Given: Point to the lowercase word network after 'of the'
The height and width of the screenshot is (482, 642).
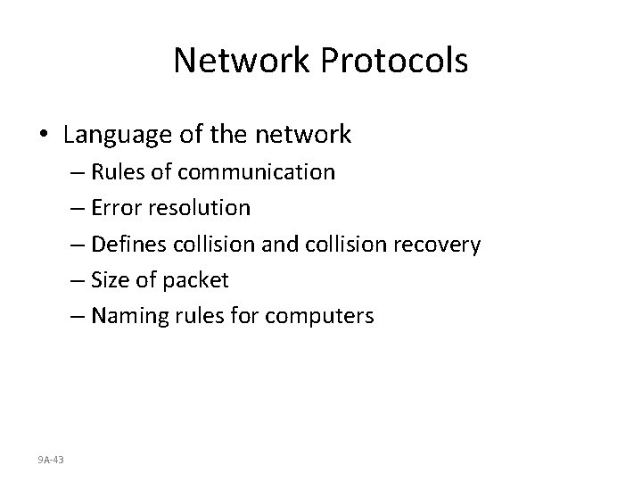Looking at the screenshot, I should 304,135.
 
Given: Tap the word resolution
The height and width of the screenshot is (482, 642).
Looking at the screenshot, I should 206,208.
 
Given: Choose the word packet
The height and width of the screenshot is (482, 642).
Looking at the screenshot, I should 195,280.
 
